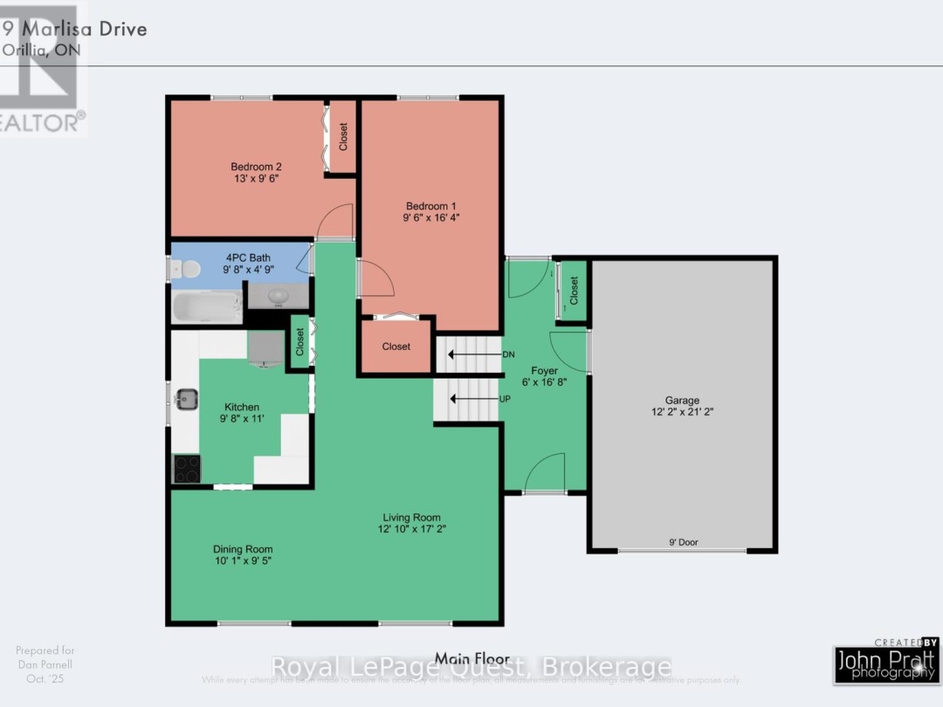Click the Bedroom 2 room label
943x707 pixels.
pyautogui.click(x=256, y=167)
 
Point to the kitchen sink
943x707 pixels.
pyautogui.click(x=186, y=400)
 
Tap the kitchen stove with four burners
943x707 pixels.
pyautogui.click(x=186, y=469)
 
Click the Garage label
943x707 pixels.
pyautogui.click(x=682, y=401)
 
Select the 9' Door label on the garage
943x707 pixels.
pyautogui.click(x=682, y=542)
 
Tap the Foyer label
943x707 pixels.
pyautogui.click(x=545, y=371)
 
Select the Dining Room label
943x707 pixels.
pyautogui.click(x=243, y=549)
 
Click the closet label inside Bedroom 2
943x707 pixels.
pyautogui.click(x=343, y=136)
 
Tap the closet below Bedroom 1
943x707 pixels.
pyautogui.click(x=396, y=347)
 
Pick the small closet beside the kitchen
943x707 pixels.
pyautogui.click(x=299, y=341)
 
